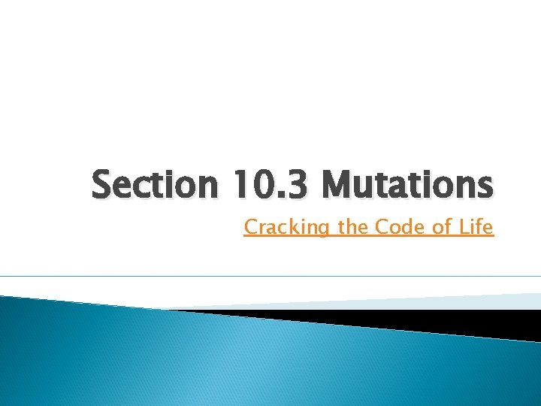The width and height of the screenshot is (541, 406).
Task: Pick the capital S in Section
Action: [104, 184]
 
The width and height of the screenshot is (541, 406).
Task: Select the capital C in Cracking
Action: [250, 227]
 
